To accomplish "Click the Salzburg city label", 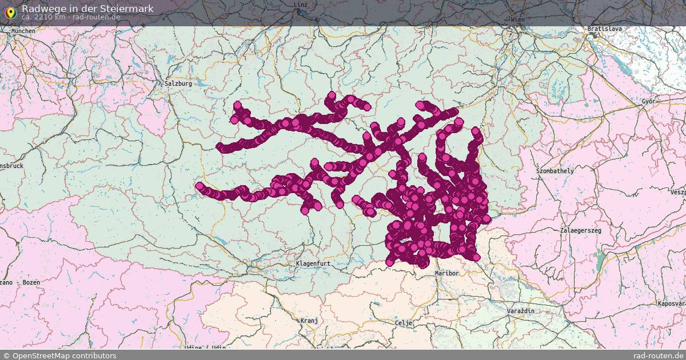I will (x=178, y=83).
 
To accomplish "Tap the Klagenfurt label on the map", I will (x=313, y=263).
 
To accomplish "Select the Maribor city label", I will (x=446, y=273).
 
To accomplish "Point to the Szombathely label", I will (x=555, y=171).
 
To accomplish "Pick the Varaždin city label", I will (x=520, y=310).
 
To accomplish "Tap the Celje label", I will (x=404, y=323).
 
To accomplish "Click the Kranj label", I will (x=309, y=321).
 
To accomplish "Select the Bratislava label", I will (x=604, y=29).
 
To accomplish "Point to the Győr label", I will (x=648, y=101).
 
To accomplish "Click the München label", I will (x=22, y=31).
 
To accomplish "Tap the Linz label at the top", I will (x=301, y=5).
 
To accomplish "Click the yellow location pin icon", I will (x=10, y=11).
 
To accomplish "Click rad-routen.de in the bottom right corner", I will (x=659, y=355).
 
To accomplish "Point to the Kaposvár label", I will (x=671, y=303).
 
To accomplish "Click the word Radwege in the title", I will (x=41, y=9).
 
